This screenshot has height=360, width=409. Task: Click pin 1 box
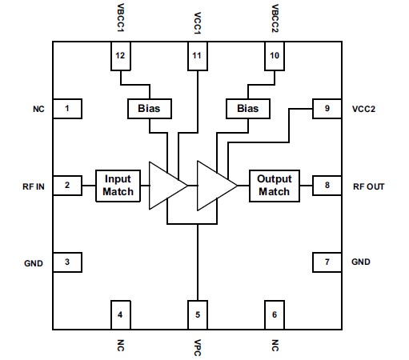pyautogui.click(x=68, y=108)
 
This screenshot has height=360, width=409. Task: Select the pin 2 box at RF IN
pyautogui.click(x=68, y=186)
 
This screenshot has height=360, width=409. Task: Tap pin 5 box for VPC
pyautogui.click(x=198, y=314)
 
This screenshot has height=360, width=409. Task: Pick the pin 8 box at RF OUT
pyautogui.click(x=327, y=186)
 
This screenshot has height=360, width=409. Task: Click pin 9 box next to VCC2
pyautogui.click(x=327, y=108)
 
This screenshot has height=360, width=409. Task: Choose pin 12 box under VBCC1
pyautogui.click(x=120, y=55)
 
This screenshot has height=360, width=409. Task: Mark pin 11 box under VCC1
pyautogui.click(x=198, y=55)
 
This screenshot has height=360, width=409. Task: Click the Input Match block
pyautogui.click(x=118, y=186)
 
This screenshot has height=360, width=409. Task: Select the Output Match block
pyautogui.click(x=275, y=186)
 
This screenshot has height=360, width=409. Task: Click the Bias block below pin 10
pyautogui.click(x=247, y=108)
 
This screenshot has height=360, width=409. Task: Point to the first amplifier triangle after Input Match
pyautogui.click(x=166, y=186)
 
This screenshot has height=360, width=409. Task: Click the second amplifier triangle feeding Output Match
pyautogui.click(x=215, y=186)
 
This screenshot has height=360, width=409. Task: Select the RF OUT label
pyautogui.click(x=369, y=186)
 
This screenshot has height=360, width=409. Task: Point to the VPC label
pyautogui.click(x=198, y=346)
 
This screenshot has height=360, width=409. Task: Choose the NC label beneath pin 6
pyautogui.click(x=275, y=346)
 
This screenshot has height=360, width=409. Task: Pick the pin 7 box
pyautogui.click(x=327, y=262)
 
